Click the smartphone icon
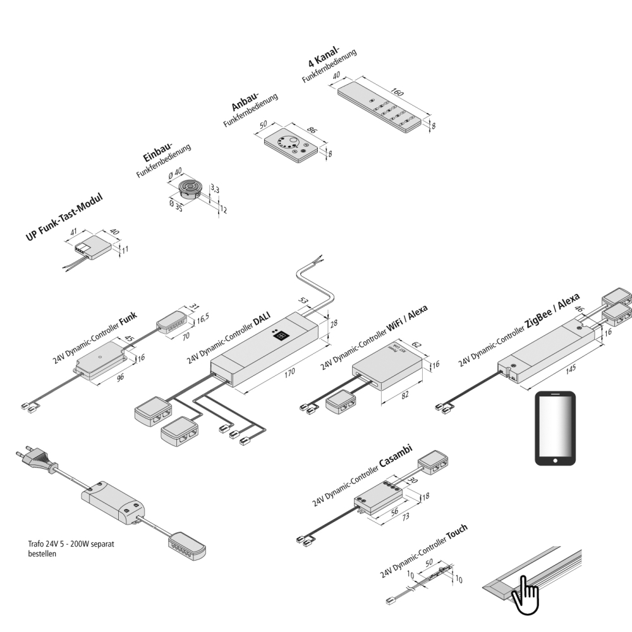[x=556, y=428]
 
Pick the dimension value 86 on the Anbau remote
[x=311, y=131]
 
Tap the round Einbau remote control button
[x=189, y=188]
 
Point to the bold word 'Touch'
[x=457, y=535]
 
